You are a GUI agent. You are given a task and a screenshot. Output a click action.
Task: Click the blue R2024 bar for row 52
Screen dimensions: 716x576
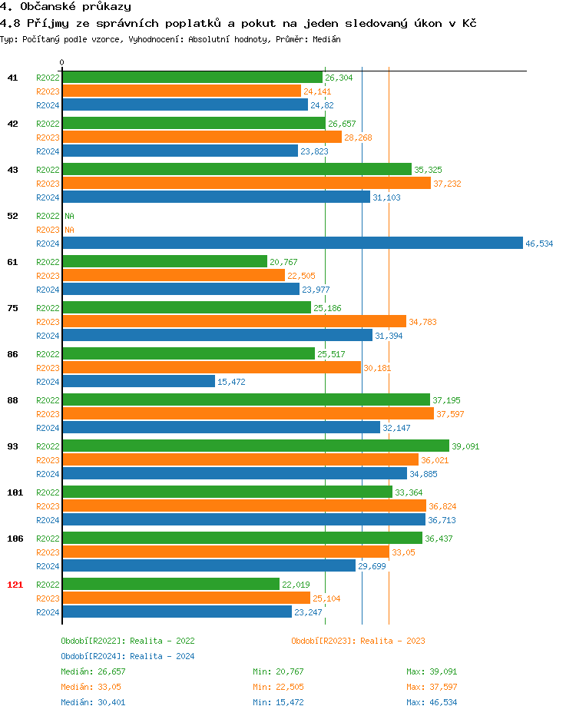point(292,244)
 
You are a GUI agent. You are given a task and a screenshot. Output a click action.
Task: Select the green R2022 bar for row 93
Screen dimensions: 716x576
point(255,446)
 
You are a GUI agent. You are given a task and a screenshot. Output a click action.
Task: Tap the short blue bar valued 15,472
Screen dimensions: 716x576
point(138,382)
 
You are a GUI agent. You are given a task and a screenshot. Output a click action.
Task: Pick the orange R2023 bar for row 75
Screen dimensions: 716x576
point(233,322)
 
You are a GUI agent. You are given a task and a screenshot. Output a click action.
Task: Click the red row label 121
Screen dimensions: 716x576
point(15,585)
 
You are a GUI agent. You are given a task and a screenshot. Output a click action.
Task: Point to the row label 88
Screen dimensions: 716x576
point(13,400)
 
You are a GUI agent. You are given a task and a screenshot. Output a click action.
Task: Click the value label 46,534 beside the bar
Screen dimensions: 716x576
point(538,244)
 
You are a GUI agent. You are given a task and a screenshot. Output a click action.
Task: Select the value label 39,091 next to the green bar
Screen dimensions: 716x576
point(465,446)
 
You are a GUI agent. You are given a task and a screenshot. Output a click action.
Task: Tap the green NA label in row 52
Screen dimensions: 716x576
point(69,216)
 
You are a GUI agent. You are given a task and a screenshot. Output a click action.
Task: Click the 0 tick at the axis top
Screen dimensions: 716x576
point(62,62)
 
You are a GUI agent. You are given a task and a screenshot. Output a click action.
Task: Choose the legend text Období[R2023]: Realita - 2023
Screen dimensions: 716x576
point(358,641)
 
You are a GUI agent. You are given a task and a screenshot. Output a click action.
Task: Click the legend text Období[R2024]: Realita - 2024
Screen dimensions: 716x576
point(127,656)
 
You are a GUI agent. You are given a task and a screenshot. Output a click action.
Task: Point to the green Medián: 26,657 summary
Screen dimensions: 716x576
point(92,671)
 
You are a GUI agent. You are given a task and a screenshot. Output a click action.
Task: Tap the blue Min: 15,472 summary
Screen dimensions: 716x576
point(278,702)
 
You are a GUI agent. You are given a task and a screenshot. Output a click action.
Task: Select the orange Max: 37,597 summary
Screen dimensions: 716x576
point(432,687)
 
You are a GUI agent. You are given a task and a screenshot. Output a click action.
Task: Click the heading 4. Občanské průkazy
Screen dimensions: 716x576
point(65,7)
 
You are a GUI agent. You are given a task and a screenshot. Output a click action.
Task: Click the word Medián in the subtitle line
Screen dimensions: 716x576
point(327,39)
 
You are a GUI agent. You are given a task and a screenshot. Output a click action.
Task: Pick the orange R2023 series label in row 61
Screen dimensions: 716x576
point(48,276)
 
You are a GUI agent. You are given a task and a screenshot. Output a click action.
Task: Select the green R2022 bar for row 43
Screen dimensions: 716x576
point(237,169)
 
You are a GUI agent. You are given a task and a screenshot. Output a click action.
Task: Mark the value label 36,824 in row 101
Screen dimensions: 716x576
point(442,506)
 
